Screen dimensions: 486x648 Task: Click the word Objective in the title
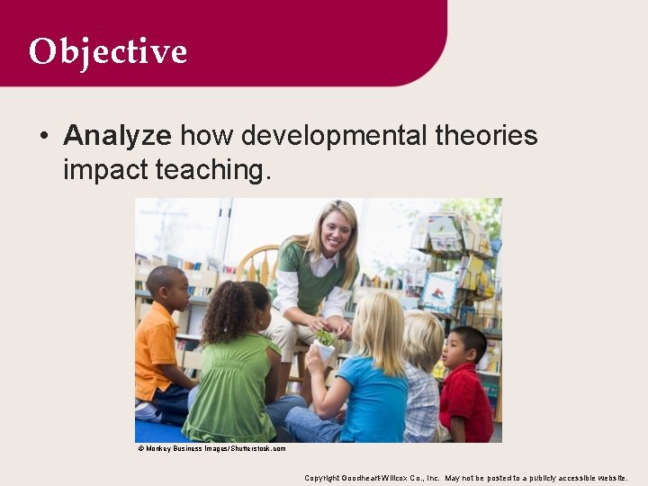107,51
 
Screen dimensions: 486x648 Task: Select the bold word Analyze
117,136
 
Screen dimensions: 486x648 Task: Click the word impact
105,168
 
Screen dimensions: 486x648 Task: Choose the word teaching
212,168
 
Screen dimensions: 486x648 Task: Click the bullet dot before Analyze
43,137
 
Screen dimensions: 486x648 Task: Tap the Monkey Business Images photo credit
211,448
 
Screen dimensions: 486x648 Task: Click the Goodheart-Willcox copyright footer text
465,477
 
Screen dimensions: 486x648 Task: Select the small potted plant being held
323,343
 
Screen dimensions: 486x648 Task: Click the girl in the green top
231,369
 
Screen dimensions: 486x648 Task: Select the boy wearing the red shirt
466,387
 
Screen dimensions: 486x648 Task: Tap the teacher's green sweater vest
315,274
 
